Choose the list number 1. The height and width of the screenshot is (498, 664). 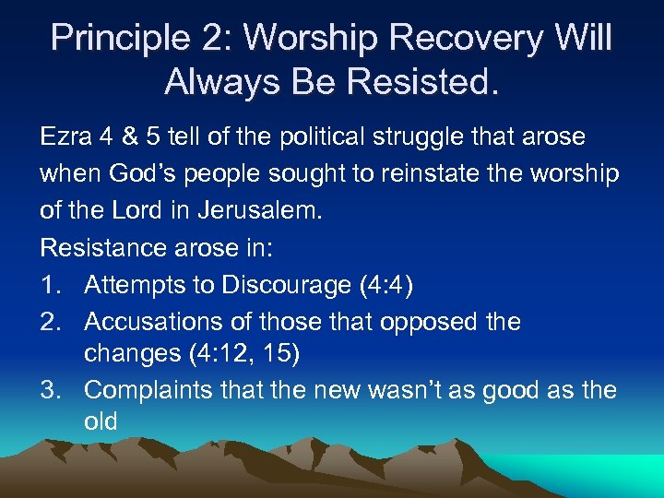coord(50,285)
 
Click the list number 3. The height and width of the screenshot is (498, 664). coord(50,390)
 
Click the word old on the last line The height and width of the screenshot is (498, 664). coord(101,422)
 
